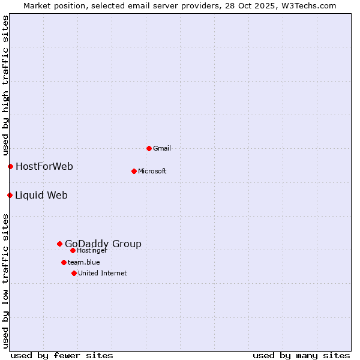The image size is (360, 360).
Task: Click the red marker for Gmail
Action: coord(149,148)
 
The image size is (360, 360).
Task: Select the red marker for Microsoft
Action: coord(134,171)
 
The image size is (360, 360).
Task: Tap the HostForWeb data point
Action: coord(10,166)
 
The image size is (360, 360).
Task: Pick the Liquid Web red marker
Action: coord(10,195)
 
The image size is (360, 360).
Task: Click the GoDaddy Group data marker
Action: coord(59,244)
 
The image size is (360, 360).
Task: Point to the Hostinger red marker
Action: coord(73,250)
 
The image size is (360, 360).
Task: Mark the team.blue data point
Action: coord(64,262)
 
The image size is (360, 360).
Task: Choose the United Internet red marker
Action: coord(74,273)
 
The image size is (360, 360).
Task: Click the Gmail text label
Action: coord(162,148)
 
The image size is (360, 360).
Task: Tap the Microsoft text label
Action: coord(152,171)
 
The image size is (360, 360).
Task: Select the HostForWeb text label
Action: coord(44,166)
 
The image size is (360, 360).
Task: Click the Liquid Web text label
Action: coord(41,195)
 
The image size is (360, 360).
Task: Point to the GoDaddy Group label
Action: coord(103,244)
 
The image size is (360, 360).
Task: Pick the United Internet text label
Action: coord(103,273)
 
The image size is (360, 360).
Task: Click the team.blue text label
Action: coord(84,262)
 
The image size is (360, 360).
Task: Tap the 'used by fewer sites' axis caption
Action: coord(62,356)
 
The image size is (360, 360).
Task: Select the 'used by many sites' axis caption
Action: coord(301,356)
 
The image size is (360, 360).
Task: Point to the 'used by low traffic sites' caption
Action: coord(5,281)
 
